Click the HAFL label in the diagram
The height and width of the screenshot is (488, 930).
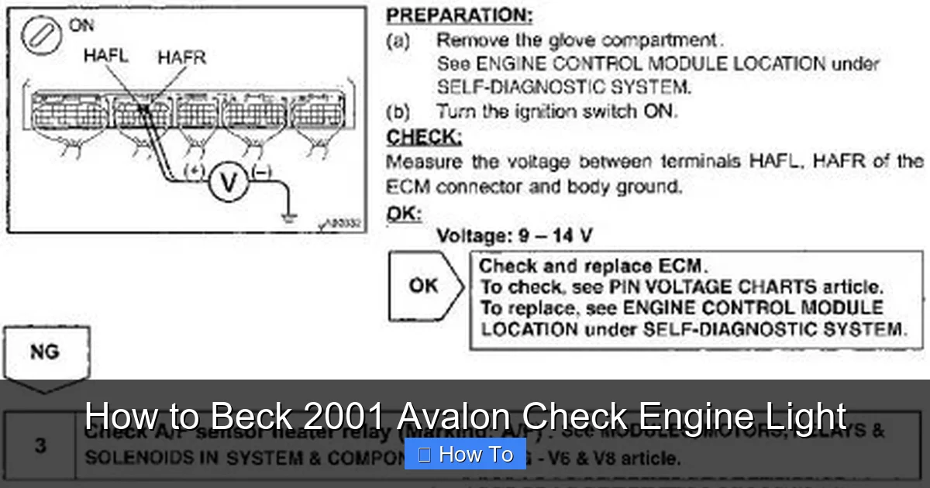pyautogui.click(x=105, y=56)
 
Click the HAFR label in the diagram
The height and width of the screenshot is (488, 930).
pyautogui.click(x=181, y=57)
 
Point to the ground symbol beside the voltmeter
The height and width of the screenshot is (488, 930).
pyautogui.click(x=289, y=218)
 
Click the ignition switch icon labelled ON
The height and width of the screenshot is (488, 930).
pyautogui.click(x=41, y=37)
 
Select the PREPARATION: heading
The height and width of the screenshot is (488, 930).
pyautogui.click(x=460, y=15)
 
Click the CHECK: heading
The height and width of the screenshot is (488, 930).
pyautogui.click(x=424, y=138)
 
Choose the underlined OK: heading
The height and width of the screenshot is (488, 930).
pyautogui.click(x=404, y=214)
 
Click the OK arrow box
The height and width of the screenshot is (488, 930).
pyautogui.click(x=425, y=286)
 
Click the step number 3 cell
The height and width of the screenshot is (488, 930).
pyautogui.click(x=40, y=446)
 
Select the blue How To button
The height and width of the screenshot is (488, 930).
pyautogui.click(x=465, y=454)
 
